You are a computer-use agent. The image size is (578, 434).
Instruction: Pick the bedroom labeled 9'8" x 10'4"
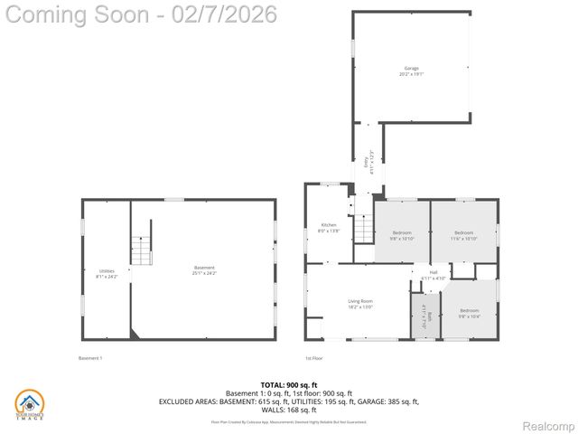pyautogui.click(x=468, y=313)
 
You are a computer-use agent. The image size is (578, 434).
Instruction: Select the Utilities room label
pyautogui.click(x=107, y=273)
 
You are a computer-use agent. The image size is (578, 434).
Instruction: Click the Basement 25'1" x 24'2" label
pyautogui.click(x=204, y=269)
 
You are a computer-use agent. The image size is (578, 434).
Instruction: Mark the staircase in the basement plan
pyautogui.click(x=142, y=250)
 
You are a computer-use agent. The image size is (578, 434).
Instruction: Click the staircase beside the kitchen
pyautogui.click(x=362, y=228)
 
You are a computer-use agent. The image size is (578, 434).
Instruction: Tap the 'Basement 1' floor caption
pyautogui.click(x=90, y=358)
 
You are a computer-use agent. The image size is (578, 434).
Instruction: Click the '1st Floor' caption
pyautogui.click(x=313, y=358)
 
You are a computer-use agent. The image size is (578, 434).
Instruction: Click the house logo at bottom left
pyautogui.click(x=30, y=405)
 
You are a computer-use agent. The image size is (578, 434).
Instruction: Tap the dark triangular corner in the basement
pyautogui.click(x=135, y=334)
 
